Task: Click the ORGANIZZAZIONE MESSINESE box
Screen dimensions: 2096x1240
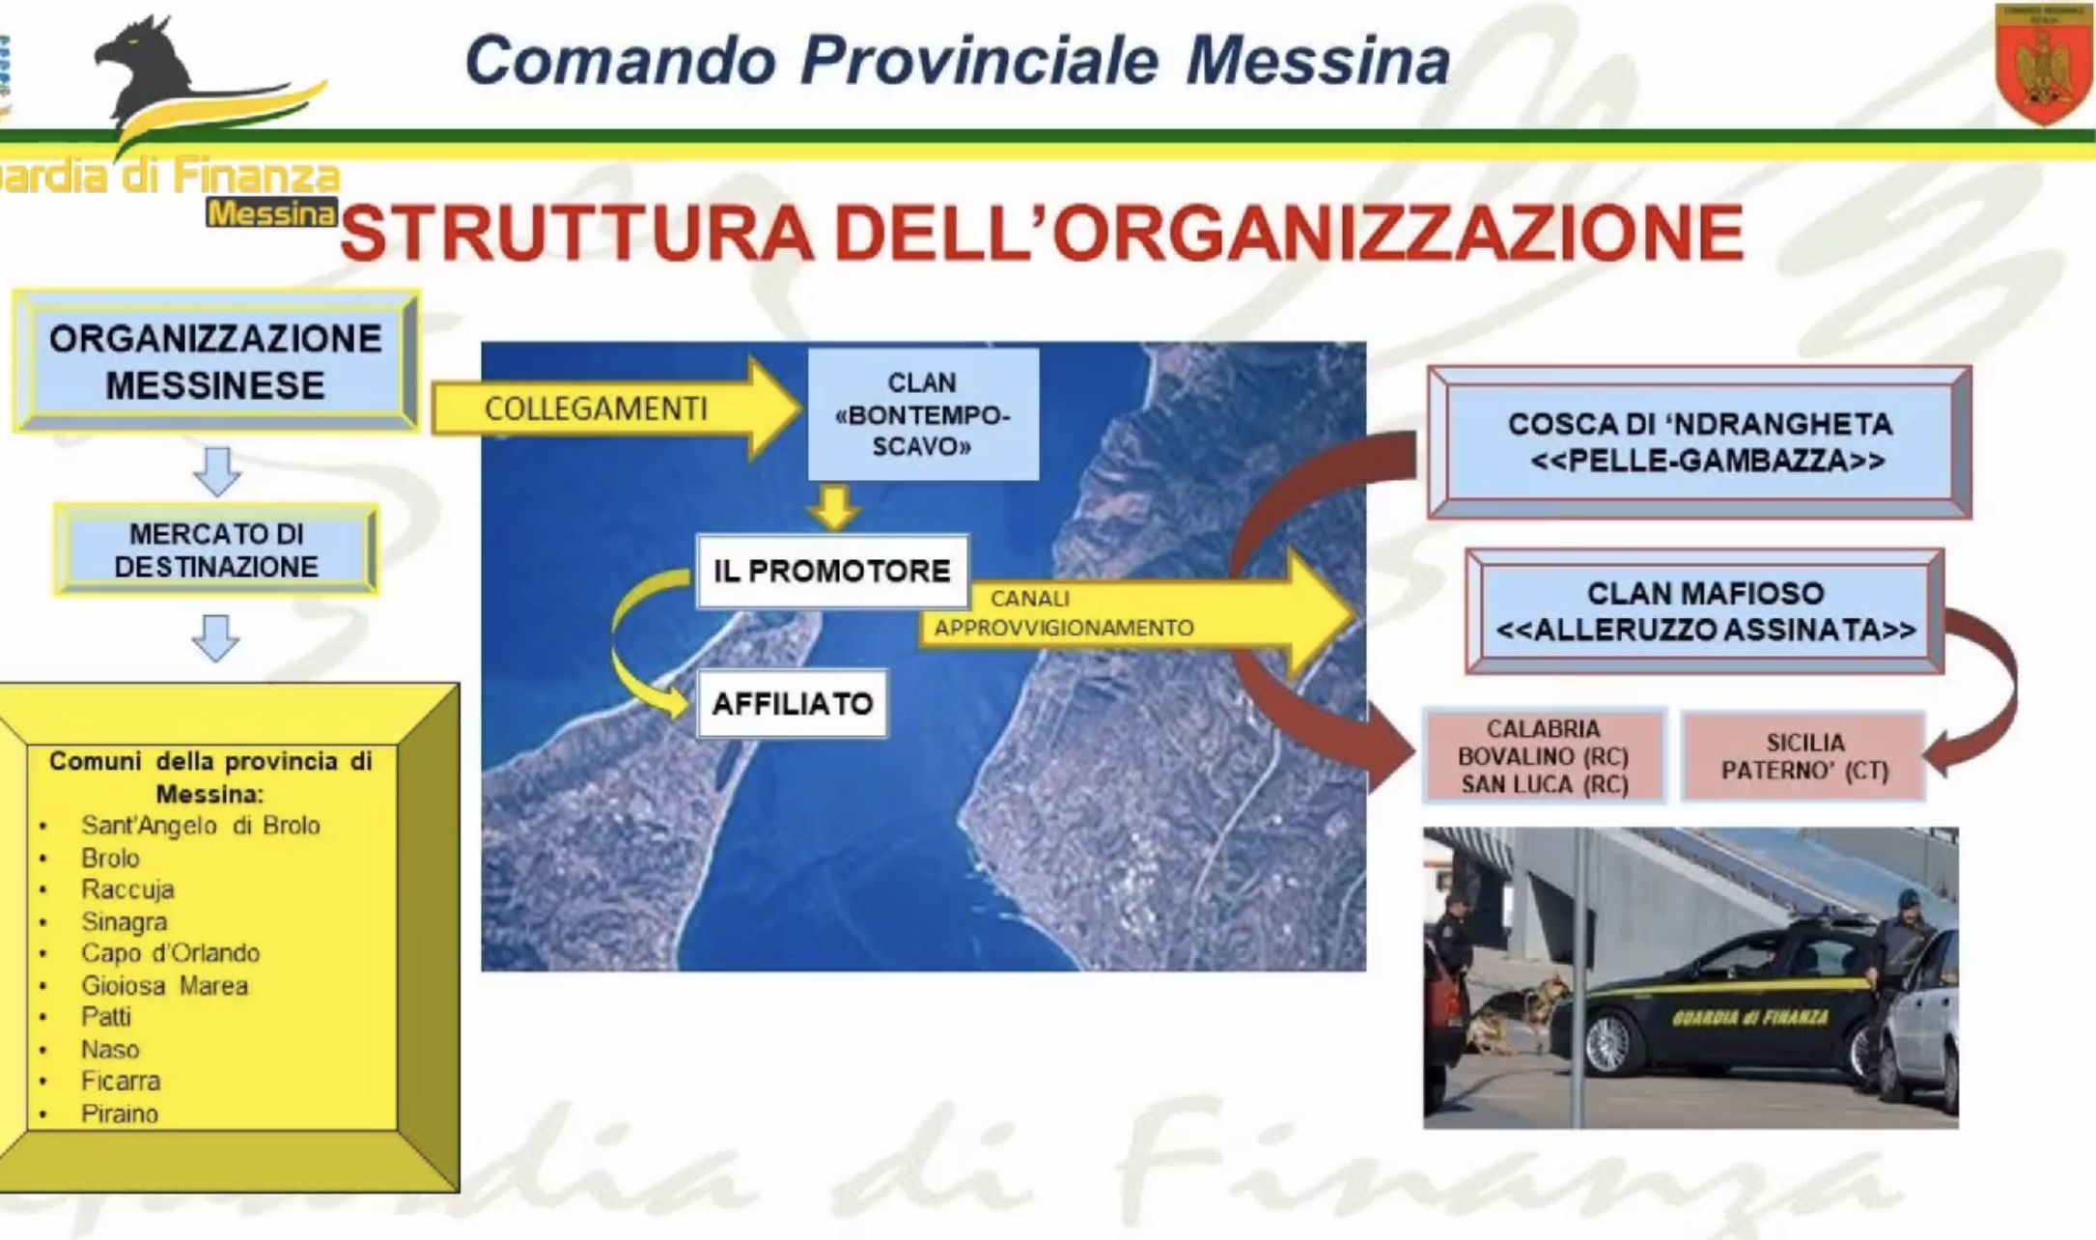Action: tap(216, 361)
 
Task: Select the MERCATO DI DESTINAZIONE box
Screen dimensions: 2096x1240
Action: tap(216, 550)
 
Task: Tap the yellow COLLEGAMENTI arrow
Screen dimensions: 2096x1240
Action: tap(616, 409)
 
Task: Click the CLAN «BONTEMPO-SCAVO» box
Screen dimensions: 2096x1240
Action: tap(923, 414)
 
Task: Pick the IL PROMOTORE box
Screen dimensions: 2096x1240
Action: tap(832, 571)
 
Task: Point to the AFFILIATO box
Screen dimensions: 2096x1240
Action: tap(792, 703)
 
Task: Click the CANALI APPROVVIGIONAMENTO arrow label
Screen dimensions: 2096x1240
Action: tap(1063, 613)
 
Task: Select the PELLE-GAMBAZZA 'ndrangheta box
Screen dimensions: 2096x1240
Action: tap(1699, 442)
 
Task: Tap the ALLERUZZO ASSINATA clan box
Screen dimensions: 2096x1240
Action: tap(1705, 611)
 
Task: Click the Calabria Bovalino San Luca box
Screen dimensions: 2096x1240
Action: tap(1544, 756)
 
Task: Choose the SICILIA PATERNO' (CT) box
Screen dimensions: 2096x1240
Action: tap(1803, 756)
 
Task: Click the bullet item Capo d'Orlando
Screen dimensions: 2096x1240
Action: tap(170, 953)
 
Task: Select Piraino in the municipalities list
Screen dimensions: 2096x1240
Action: tap(120, 1113)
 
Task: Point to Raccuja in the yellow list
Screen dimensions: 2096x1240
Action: tap(127, 889)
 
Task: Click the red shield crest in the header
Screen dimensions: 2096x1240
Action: tap(2042, 64)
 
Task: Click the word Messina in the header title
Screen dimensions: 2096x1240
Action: tap(1318, 61)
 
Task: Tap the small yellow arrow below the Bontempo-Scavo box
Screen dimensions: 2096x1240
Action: tap(833, 507)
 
